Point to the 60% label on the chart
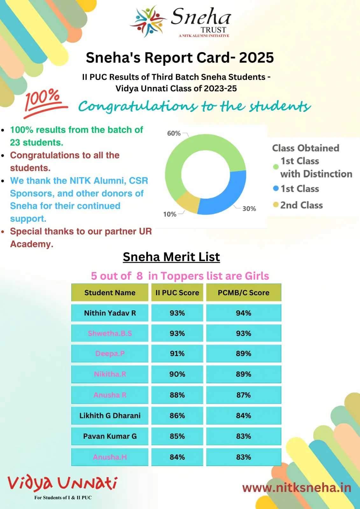[x=174, y=133]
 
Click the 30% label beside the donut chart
[x=249, y=209]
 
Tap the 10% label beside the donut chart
[x=170, y=214]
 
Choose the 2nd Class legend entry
[x=301, y=205]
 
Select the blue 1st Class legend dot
[x=276, y=189]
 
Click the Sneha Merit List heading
[x=171, y=257]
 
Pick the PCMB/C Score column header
[x=244, y=293]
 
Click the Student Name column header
[x=110, y=293]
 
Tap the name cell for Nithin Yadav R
[x=110, y=313]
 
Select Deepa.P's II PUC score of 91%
[x=177, y=354]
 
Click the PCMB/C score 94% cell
[x=244, y=313]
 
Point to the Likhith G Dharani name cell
[x=110, y=415]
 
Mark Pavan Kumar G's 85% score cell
[x=177, y=436]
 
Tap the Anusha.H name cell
[x=110, y=457]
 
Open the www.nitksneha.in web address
[x=297, y=488]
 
